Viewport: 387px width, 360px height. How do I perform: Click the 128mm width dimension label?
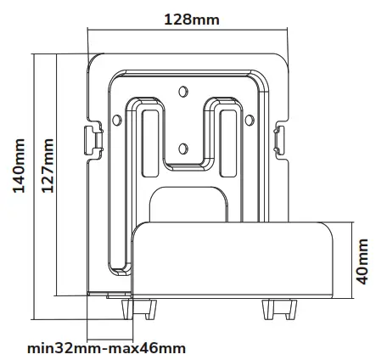click(188, 19)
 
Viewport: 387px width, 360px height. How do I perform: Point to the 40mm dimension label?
click(364, 260)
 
